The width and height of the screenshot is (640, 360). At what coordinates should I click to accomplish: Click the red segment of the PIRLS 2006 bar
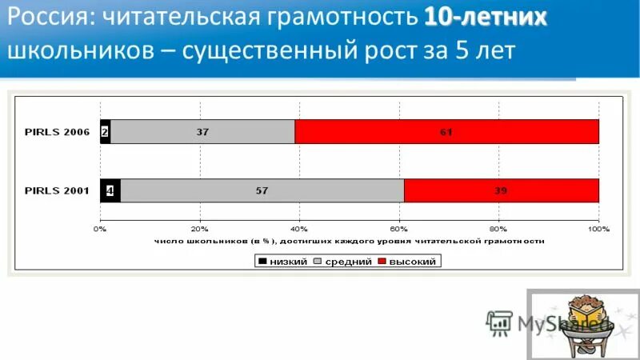point(446,132)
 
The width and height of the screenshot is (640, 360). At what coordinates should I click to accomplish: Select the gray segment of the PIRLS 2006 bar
point(202,132)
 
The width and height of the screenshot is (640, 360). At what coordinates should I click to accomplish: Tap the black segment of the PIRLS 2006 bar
point(105,132)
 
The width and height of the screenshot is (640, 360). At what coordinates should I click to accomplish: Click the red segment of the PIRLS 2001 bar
point(501,190)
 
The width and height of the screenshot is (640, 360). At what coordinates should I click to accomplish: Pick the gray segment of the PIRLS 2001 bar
point(262,190)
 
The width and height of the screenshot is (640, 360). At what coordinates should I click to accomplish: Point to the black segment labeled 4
point(110,190)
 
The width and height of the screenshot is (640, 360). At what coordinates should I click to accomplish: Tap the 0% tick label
point(100,229)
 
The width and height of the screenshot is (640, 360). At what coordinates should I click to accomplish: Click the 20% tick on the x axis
point(200,229)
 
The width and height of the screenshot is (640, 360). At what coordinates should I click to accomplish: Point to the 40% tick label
point(299,229)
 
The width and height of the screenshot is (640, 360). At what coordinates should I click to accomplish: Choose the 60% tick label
point(398,229)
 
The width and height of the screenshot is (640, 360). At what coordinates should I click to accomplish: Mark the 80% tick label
point(498,229)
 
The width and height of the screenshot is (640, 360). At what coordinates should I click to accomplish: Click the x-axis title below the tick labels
point(349,240)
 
